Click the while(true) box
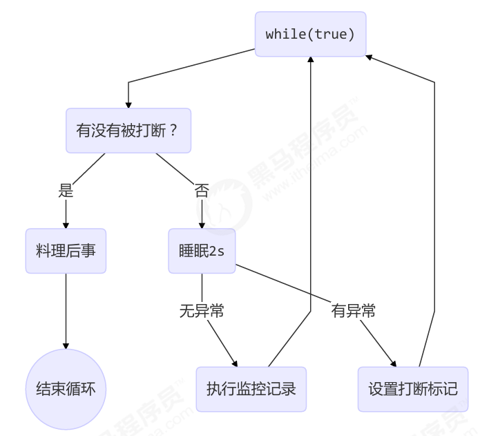point(310,34)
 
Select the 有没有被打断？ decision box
point(128,131)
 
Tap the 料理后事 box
point(66,251)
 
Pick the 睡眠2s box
point(202,251)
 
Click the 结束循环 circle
point(66,389)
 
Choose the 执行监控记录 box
point(251,389)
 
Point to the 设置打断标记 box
point(412,389)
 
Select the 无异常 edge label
point(202,311)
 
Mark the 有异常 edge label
point(354,311)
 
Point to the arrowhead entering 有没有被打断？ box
point(128,104)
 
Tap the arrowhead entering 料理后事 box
point(66,225)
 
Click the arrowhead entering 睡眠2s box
point(202,225)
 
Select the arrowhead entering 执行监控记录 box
point(235,363)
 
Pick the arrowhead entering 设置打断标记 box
point(394,363)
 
